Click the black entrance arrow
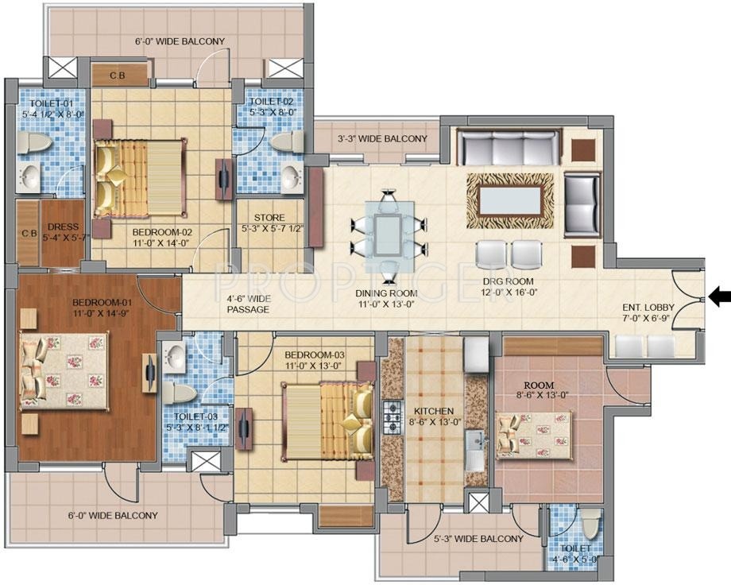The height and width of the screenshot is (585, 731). point(720,297)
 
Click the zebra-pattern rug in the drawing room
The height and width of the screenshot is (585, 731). point(510,196)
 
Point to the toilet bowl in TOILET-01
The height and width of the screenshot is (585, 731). point(34,144)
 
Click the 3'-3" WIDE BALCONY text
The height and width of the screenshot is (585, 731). point(382,139)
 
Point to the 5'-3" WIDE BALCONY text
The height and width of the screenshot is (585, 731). point(479,539)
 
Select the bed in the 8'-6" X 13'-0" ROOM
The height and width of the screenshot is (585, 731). point(536,434)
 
